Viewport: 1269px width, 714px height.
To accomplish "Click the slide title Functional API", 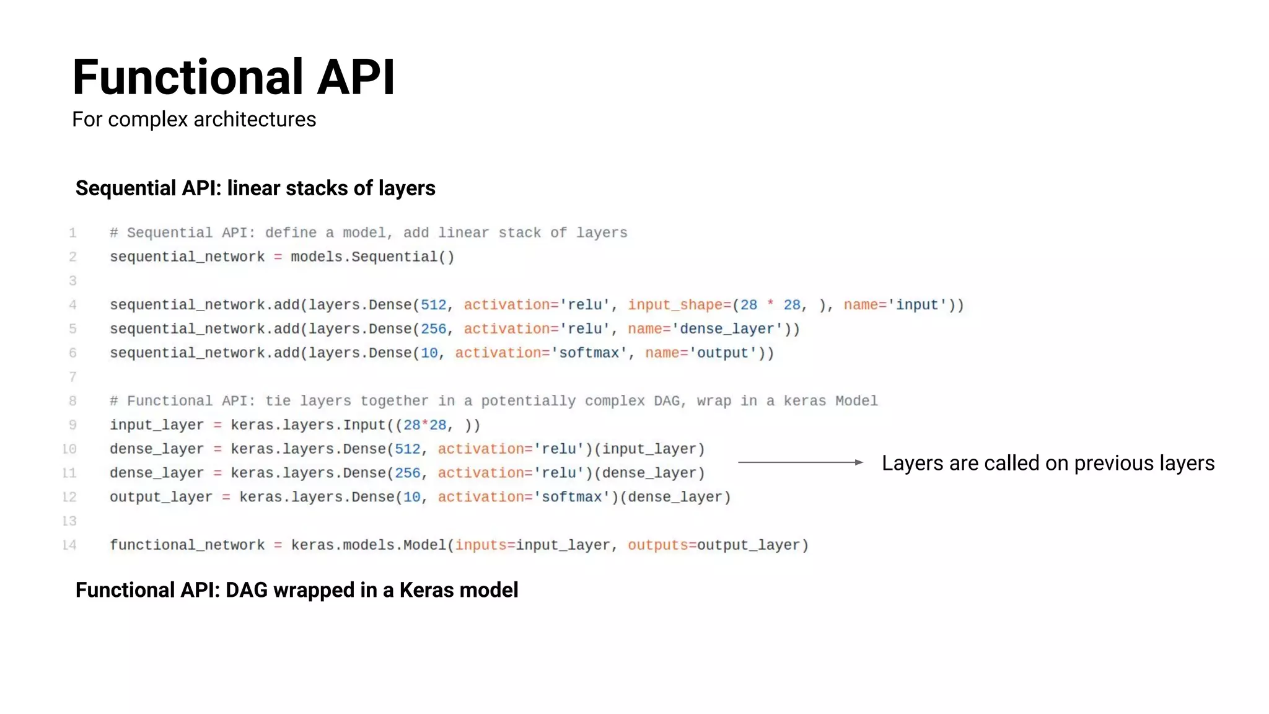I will click(233, 77).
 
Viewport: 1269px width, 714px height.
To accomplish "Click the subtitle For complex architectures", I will click(193, 119).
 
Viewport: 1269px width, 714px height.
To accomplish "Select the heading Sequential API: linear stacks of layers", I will click(255, 188).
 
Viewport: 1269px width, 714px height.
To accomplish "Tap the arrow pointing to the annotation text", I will click(800, 462).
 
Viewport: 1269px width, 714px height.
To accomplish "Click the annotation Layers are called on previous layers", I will click(1047, 463).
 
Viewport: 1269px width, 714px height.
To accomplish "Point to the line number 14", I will click(69, 545).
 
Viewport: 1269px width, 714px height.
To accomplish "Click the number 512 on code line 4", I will click(433, 305).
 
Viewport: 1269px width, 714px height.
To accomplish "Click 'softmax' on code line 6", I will click(589, 353).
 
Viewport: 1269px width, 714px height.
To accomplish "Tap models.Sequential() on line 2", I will click(372, 257).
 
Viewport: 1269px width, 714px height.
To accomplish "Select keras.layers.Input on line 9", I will click(308, 425).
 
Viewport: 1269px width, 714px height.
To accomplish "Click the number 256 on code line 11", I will click(407, 474).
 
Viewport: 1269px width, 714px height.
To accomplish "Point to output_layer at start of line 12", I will click(160, 497).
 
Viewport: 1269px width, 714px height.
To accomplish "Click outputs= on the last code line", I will click(661, 545).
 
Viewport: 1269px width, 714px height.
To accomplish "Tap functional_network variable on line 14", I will click(187, 545).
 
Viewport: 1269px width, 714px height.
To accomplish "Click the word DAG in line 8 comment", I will click(666, 401).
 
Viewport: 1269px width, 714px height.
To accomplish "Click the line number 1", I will click(72, 233).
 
